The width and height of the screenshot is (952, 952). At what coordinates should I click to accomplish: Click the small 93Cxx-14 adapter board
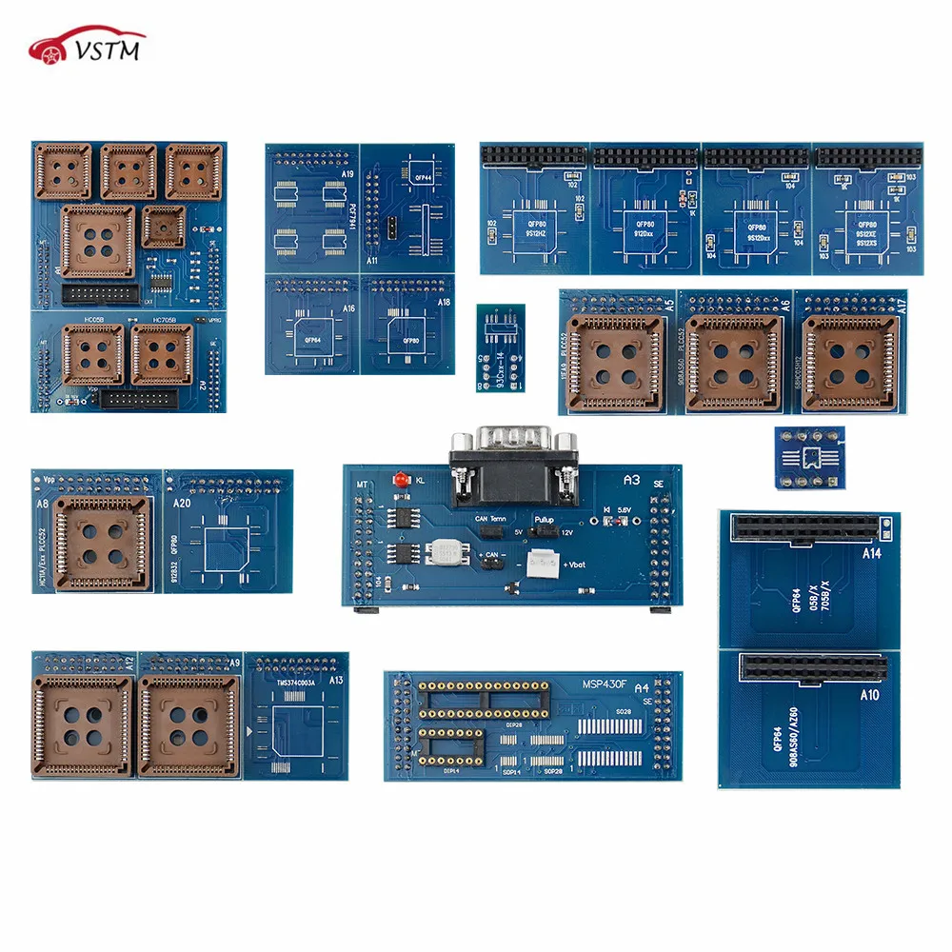500,347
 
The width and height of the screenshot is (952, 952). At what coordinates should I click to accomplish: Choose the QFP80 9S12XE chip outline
866,229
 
